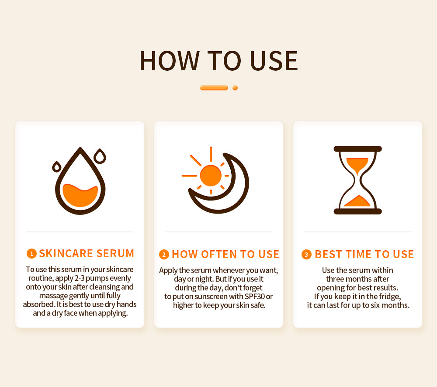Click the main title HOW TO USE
(x=219, y=61)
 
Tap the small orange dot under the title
(x=235, y=88)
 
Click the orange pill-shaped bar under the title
(x=214, y=88)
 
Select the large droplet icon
(x=80, y=180)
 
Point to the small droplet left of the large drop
(x=57, y=166)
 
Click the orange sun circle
(x=211, y=176)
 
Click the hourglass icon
(x=357, y=180)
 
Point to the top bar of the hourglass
(x=357, y=149)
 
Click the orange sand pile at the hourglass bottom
(x=357, y=201)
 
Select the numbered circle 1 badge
(x=31, y=253)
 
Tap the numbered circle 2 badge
(x=164, y=254)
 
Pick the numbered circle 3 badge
(x=306, y=254)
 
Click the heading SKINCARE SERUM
(x=87, y=253)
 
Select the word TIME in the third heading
(x=358, y=254)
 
